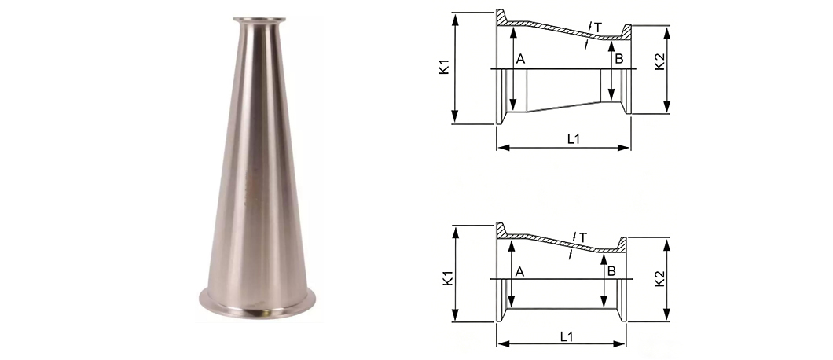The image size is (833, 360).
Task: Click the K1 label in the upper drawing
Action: (x=444, y=67)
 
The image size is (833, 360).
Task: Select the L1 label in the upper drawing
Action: (x=573, y=139)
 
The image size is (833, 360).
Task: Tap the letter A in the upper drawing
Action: (x=520, y=59)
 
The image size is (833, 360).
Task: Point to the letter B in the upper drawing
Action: (x=619, y=59)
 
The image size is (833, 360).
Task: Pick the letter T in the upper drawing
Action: (x=598, y=28)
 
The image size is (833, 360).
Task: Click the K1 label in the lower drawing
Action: (x=448, y=278)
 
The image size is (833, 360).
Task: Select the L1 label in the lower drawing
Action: (x=567, y=336)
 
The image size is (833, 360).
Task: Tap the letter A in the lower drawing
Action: (x=519, y=272)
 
